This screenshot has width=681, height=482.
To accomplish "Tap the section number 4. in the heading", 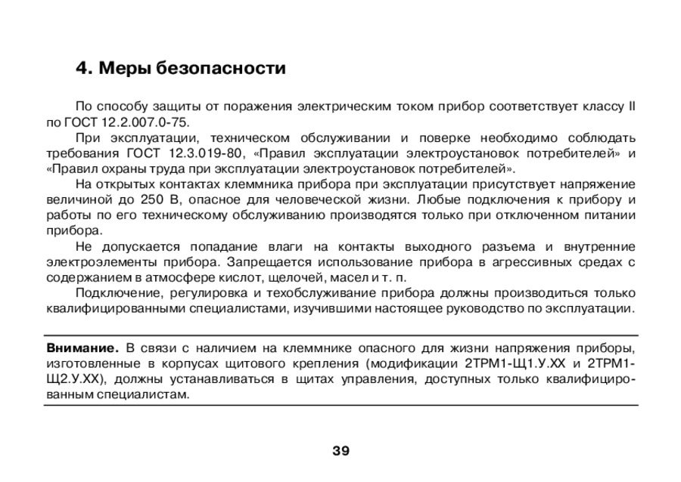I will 83,70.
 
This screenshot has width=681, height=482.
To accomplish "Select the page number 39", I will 340,451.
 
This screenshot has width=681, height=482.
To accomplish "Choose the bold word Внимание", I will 82,348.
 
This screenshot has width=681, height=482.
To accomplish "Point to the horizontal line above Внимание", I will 340,335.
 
